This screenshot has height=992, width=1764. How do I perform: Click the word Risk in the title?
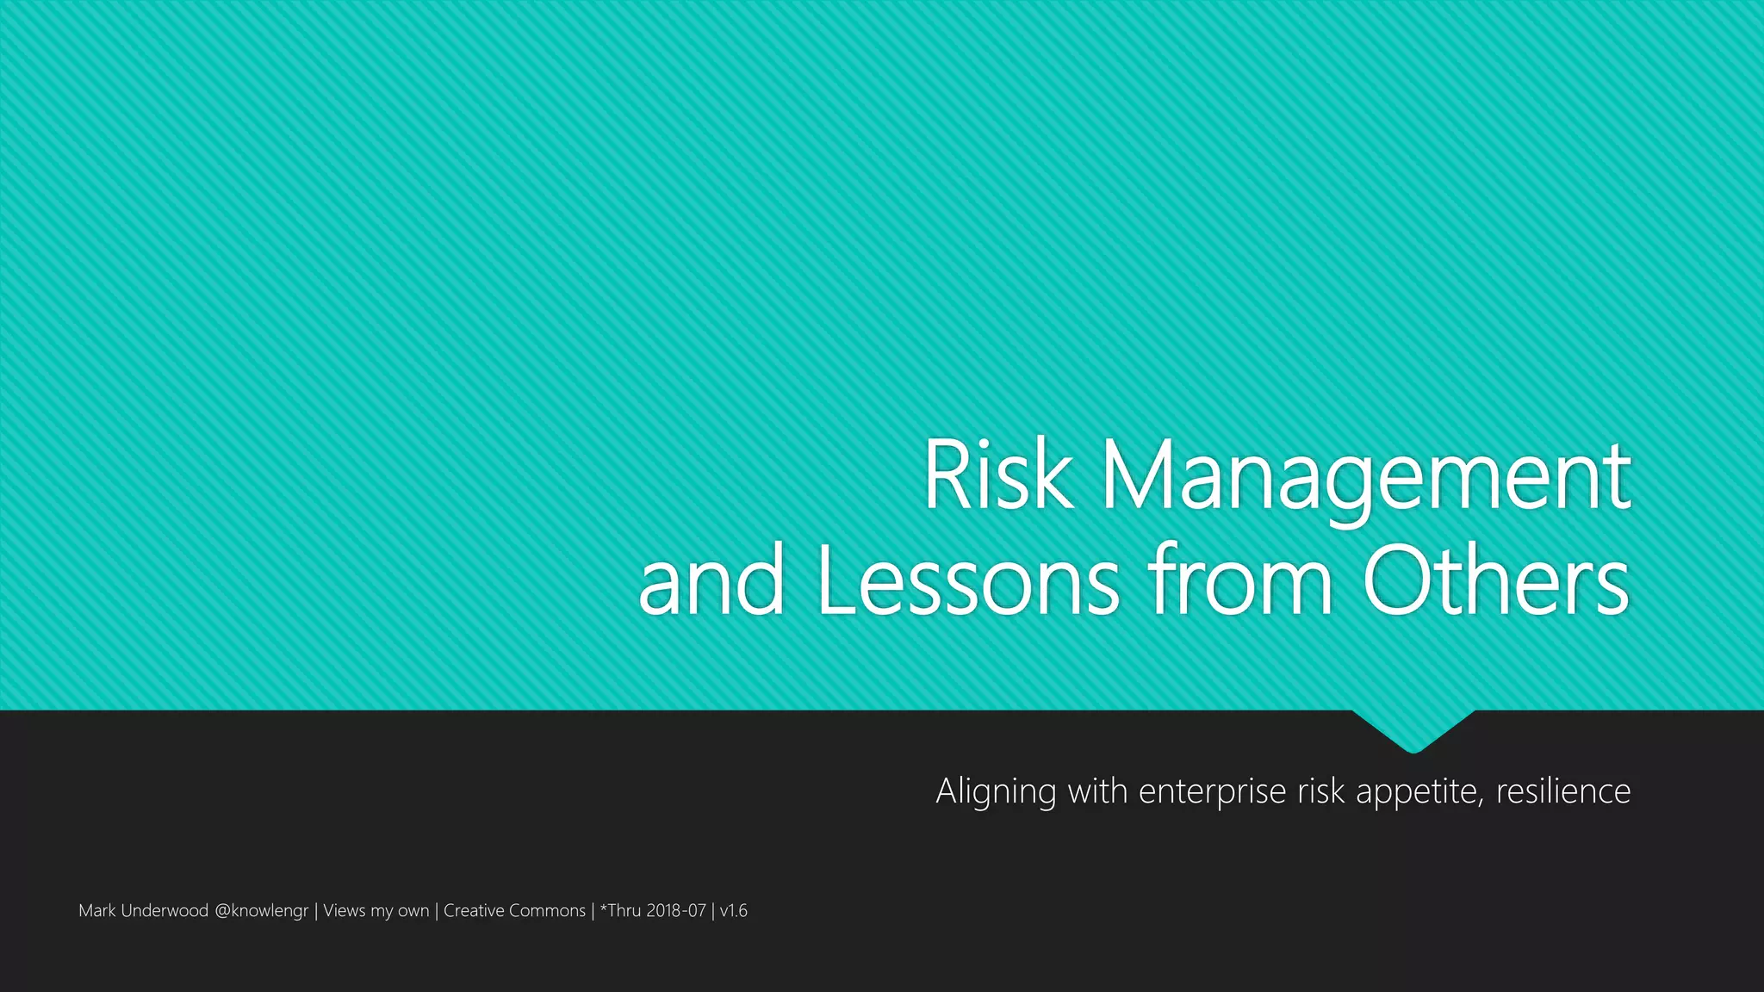998,475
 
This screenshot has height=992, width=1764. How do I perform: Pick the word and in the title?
711,580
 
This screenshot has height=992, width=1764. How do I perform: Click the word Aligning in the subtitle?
996,791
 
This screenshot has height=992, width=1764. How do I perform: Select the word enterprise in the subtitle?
1212,791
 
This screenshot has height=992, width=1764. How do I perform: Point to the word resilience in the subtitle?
1563,790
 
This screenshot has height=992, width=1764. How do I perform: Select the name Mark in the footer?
96,910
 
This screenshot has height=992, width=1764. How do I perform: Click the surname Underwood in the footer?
165,910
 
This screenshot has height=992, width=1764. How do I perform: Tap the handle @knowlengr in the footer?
261,911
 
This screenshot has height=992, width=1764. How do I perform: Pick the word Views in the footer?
345,910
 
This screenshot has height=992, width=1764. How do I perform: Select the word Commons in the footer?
547,910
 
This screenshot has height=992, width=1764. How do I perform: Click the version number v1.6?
734,910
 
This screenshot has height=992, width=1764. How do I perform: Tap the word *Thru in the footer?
621,910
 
